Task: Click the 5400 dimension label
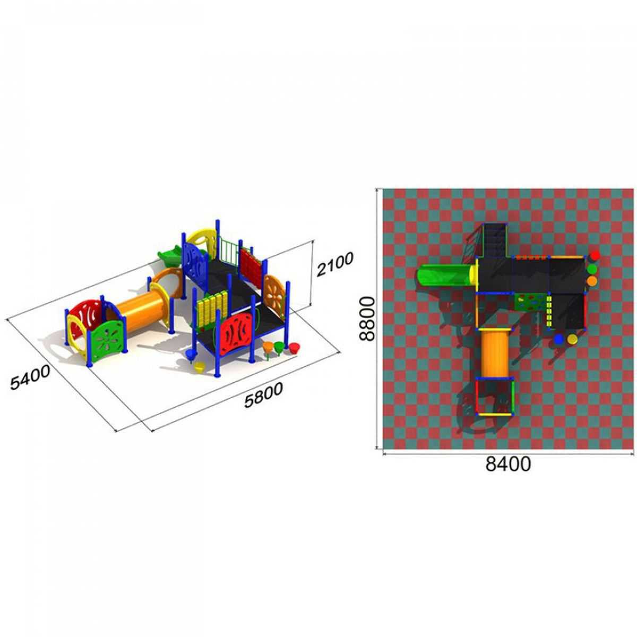30,377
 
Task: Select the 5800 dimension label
263,395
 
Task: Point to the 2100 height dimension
335,264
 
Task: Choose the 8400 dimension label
508,464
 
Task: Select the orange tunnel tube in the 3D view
141,307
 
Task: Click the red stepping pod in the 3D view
293,347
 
